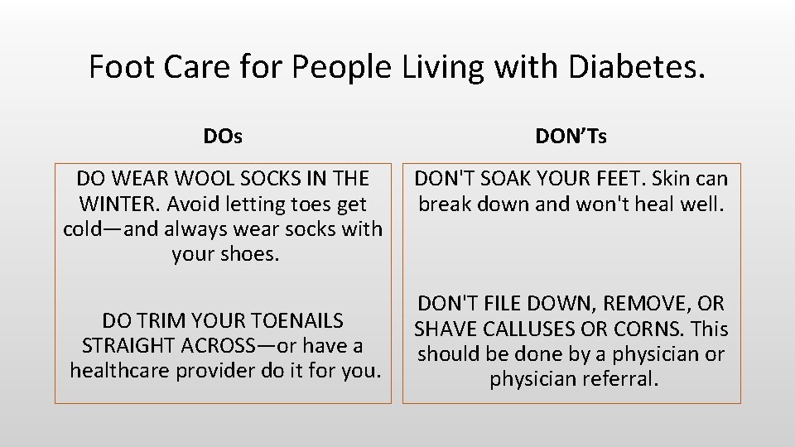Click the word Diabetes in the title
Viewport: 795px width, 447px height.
coord(637,67)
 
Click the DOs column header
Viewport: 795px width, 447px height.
coord(223,137)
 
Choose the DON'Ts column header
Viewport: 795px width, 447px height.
coord(571,137)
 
